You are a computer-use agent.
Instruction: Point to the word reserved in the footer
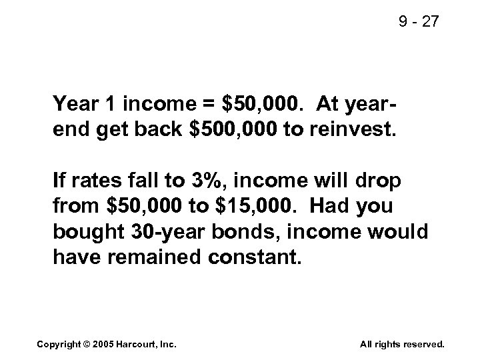tap(423, 344)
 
